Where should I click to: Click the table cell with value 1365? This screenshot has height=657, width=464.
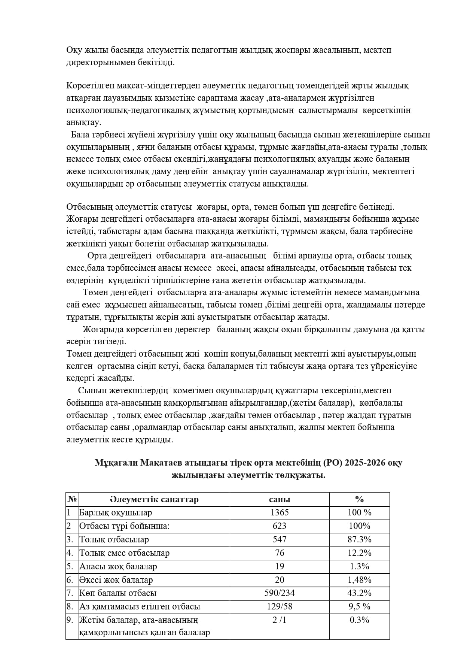point(279,512)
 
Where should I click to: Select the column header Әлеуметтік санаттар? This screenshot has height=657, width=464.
point(154,499)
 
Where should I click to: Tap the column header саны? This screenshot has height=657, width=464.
point(279,499)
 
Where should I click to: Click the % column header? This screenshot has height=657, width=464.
point(359,499)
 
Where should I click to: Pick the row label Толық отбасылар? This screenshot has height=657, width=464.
point(114,539)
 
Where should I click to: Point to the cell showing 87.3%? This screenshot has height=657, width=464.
point(359,539)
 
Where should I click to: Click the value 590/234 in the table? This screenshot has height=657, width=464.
point(279,593)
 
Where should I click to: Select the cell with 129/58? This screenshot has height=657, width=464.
point(279,606)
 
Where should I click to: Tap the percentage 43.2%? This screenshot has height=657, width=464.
point(359,593)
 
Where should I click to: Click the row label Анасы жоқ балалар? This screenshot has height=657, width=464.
point(118,566)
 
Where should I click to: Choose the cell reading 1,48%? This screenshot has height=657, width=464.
point(359,580)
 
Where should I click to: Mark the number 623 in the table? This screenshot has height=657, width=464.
point(279,526)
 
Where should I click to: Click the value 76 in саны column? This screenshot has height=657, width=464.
point(279,553)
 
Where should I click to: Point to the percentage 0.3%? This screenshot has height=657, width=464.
point(359,620)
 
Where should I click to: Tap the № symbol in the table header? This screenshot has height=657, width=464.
point(72,499)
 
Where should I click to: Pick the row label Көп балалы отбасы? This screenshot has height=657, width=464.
point(118,593)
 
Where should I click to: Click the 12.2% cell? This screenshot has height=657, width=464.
point(359,553)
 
